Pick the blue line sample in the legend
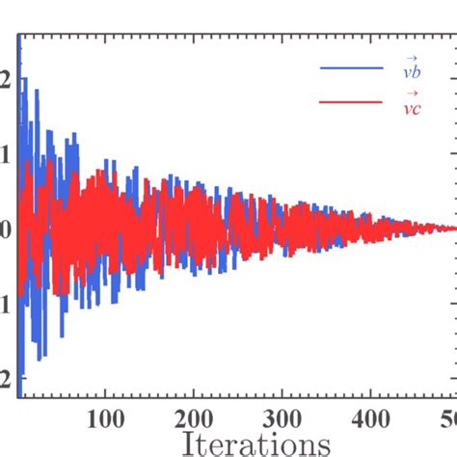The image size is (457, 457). click(351, 68)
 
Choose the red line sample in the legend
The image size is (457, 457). click(351, 104)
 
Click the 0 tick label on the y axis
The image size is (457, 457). click(6, 229)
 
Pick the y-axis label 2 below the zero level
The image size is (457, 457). click(6, 379)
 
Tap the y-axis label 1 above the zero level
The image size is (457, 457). click(6, 154)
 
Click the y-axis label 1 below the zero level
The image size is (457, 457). click(6, 304)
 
